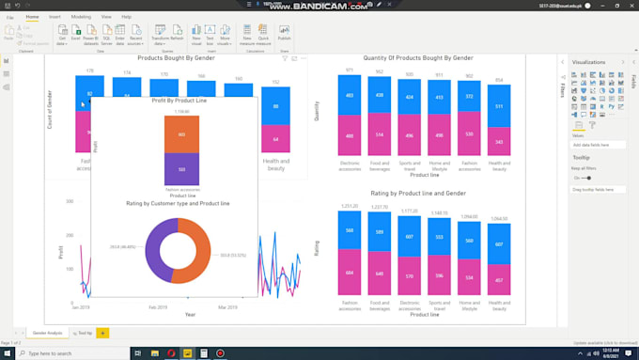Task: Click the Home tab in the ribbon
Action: click(x=33, y=17)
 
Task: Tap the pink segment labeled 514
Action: click(x=380, y=135)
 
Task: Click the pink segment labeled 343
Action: click(x=499, y=142)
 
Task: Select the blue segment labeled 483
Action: click(x=349, y=96)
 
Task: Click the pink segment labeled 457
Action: click(x=499, y=279)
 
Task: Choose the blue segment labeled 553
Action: click(x=439, y=237)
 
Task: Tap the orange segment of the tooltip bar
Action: click(x=181, y=134)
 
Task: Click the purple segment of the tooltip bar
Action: click(x=181, y=169)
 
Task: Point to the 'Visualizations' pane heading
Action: click(x=589, y=62)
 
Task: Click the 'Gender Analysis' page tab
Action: click(x=47, y=333)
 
